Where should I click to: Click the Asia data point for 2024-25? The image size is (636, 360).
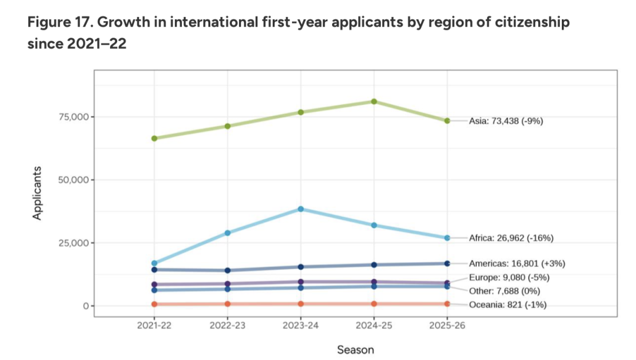coord(374,101)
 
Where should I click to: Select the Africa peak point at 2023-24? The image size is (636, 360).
coord(301,209)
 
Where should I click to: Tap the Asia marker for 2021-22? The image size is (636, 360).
coord(154,138)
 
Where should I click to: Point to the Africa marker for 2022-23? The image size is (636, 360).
coord(227,233)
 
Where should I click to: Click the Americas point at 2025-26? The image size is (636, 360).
coord(447,263)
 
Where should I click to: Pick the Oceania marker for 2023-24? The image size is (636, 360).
coord(301,304)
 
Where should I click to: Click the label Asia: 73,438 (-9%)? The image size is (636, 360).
coord(505,121)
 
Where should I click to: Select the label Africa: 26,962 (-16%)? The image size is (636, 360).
coord(511,238)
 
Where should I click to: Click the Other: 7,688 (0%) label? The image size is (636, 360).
coord(504,291)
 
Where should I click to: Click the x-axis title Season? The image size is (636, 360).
coord(355,350)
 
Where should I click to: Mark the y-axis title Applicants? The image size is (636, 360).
coord(37,193)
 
